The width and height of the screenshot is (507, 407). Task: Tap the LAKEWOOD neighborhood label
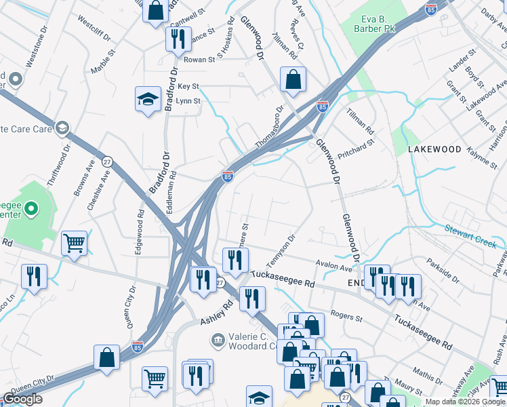point(434,149)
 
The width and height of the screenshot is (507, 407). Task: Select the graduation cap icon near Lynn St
point(147,100)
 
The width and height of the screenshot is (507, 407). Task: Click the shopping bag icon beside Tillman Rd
point(292,79)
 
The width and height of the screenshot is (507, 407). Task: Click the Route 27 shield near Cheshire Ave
point(106,162)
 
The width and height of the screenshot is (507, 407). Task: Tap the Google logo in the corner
point(22,399)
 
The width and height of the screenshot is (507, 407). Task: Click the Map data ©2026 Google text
point(465,402)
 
